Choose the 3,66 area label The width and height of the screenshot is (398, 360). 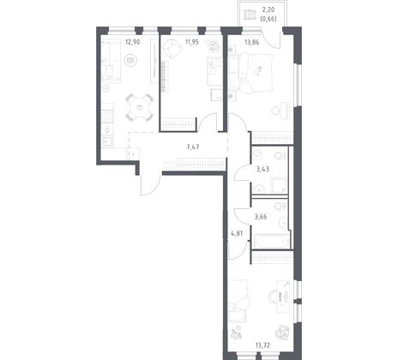(x=262, y=217)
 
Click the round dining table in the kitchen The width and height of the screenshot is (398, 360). (x=136, y=108)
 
